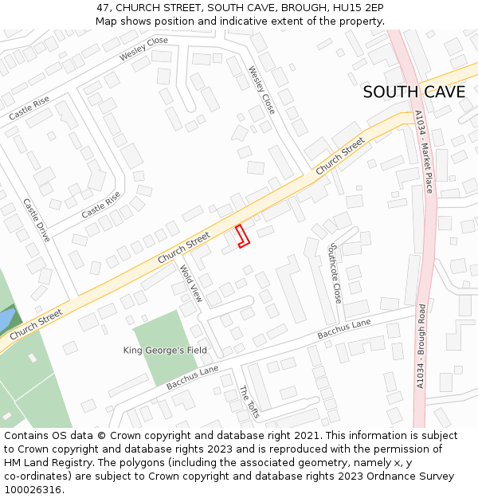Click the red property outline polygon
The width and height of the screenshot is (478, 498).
click(x=242, y=236)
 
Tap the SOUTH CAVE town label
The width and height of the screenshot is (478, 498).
click(x=413, y=92)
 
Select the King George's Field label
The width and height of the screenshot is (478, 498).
click(x=165, y=350)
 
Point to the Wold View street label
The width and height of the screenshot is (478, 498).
click(x=191, y=284)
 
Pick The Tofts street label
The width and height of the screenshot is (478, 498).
click(x=249, y=401)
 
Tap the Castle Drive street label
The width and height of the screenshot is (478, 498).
click(x=37, y=220)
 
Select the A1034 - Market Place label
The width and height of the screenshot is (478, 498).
click(x=423, y=152)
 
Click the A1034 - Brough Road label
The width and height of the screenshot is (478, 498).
click(x=421, y=346)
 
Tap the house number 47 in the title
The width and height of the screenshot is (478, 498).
click(x=104, y=7)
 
